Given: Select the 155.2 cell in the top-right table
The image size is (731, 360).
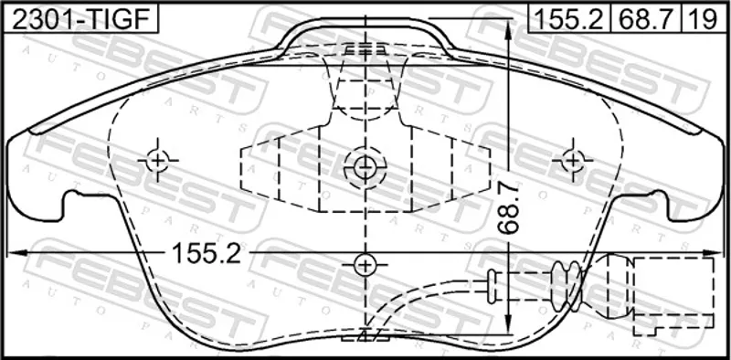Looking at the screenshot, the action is pyautogui.click(x=568, y=19).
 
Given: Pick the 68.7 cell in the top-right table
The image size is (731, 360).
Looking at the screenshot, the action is pyautogui.click(x=646, y=19).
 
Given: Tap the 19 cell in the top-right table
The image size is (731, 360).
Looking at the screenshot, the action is pyautogui.click(x=704, y=19).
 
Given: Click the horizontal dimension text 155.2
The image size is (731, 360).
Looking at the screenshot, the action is pyautogui.click(x=207, y=254).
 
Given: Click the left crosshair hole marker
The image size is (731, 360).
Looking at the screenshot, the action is pyautogui.click(x=157, y=161).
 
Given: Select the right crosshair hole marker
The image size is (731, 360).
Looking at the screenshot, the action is pyautogui.click(x=573, y=161).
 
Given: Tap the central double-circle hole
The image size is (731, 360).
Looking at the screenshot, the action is pyautogui.click(x=365, y=168).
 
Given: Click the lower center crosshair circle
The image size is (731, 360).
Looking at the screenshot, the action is pyautogui.click(x=365, y=266).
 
